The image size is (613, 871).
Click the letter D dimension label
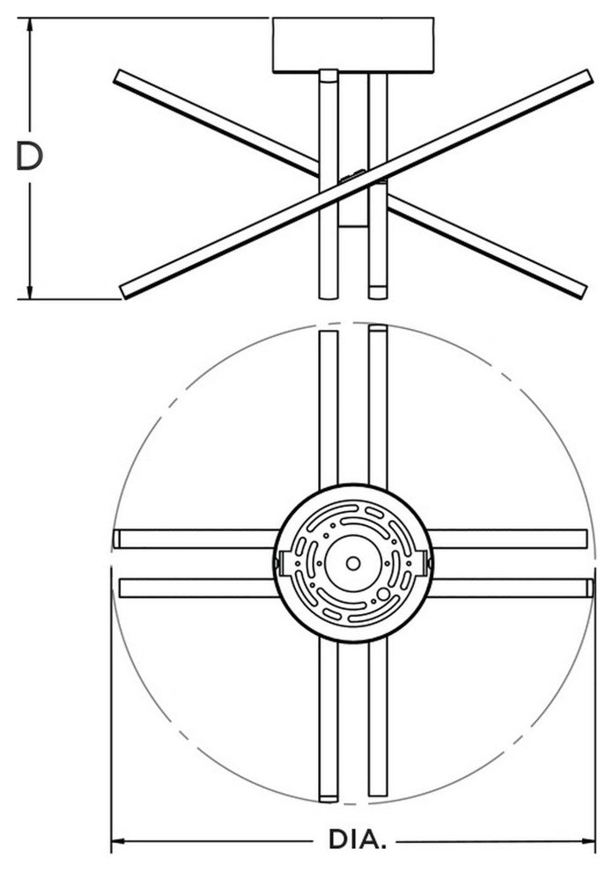pyautogui.click(x=29, y=156)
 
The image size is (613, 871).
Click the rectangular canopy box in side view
pyautogui.click(x=352, y=45)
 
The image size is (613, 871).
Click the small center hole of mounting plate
pyautogui.click(x=352, y=563)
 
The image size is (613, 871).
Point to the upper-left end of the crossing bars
pyautogui.click(x=117, y=77)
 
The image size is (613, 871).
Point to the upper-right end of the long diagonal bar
pyautogui.click(x=588, y=76)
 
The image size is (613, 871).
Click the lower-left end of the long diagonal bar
pyautogui.click(x=124, y=291)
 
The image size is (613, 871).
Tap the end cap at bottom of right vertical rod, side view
pyautogui.click(x=378, y=293)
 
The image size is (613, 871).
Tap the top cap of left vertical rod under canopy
pyautogui.click(x=329, y=76)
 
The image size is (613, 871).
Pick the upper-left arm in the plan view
pyautogui.click(x=329, y=409)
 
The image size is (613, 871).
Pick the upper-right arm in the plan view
pyautogui.click(x=378, y=406)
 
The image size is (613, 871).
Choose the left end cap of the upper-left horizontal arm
pyautogui.click(x=116, y=538)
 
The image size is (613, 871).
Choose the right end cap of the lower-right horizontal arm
pyautogui.click(x=590, y=589)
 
